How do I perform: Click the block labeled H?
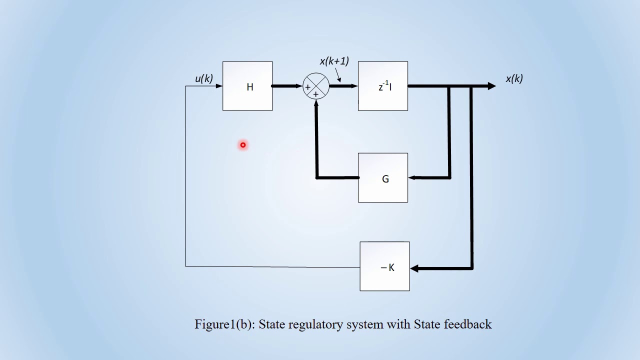click(x=247, y=86)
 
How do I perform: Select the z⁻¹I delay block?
click(x=383, y=86)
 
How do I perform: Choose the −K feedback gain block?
click(x=384, y=266)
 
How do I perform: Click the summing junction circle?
click(x=316, y=86)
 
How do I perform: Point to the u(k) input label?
click(x=203, y=78)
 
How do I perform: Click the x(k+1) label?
click(x=334, y=61)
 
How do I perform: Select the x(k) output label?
click(x=514, y=78)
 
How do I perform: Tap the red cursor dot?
click(x=243, y=145)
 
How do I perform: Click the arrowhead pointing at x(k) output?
click(x=491, y=86)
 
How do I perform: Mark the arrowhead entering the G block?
click(x=412, y=177)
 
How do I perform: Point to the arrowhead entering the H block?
click(x=219, y=86)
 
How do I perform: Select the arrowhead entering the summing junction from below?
click(x=316, y=102)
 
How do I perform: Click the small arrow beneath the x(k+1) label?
click(x=338, y=77)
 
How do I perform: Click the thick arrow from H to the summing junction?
click(x=287, y=86)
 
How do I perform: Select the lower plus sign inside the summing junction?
click(x=315, y=94)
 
